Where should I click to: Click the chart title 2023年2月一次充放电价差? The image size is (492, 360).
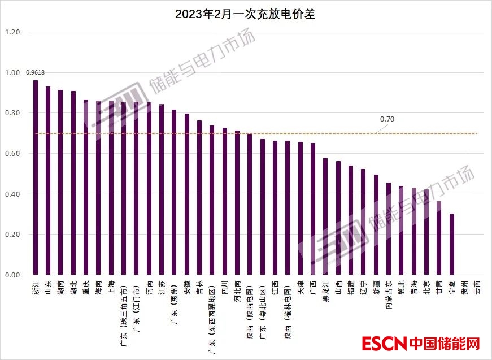click(x=245, y=15)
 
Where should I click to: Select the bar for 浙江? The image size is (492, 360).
click(x=36, y=177)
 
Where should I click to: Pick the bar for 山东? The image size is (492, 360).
click(x=48, y=181)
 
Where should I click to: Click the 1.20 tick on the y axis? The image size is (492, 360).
click(x=12, y=32)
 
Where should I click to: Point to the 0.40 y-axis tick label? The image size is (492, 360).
click(x=12, y=194)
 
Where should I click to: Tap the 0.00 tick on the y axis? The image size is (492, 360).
click(x=12, y=275)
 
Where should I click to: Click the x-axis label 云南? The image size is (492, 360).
click(x=477, y=287)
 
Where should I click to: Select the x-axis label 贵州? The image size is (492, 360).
click(x=464, y=287)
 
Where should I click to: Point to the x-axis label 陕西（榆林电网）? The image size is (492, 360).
click(x=288, y=306)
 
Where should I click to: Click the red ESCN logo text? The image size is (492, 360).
click(x=384, y=342)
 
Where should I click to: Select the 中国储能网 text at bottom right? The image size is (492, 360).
click(x=445, y=342)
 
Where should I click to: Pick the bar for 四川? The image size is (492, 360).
click(x=225, y=201)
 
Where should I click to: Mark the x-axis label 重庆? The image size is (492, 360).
click(x=86, y=287)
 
